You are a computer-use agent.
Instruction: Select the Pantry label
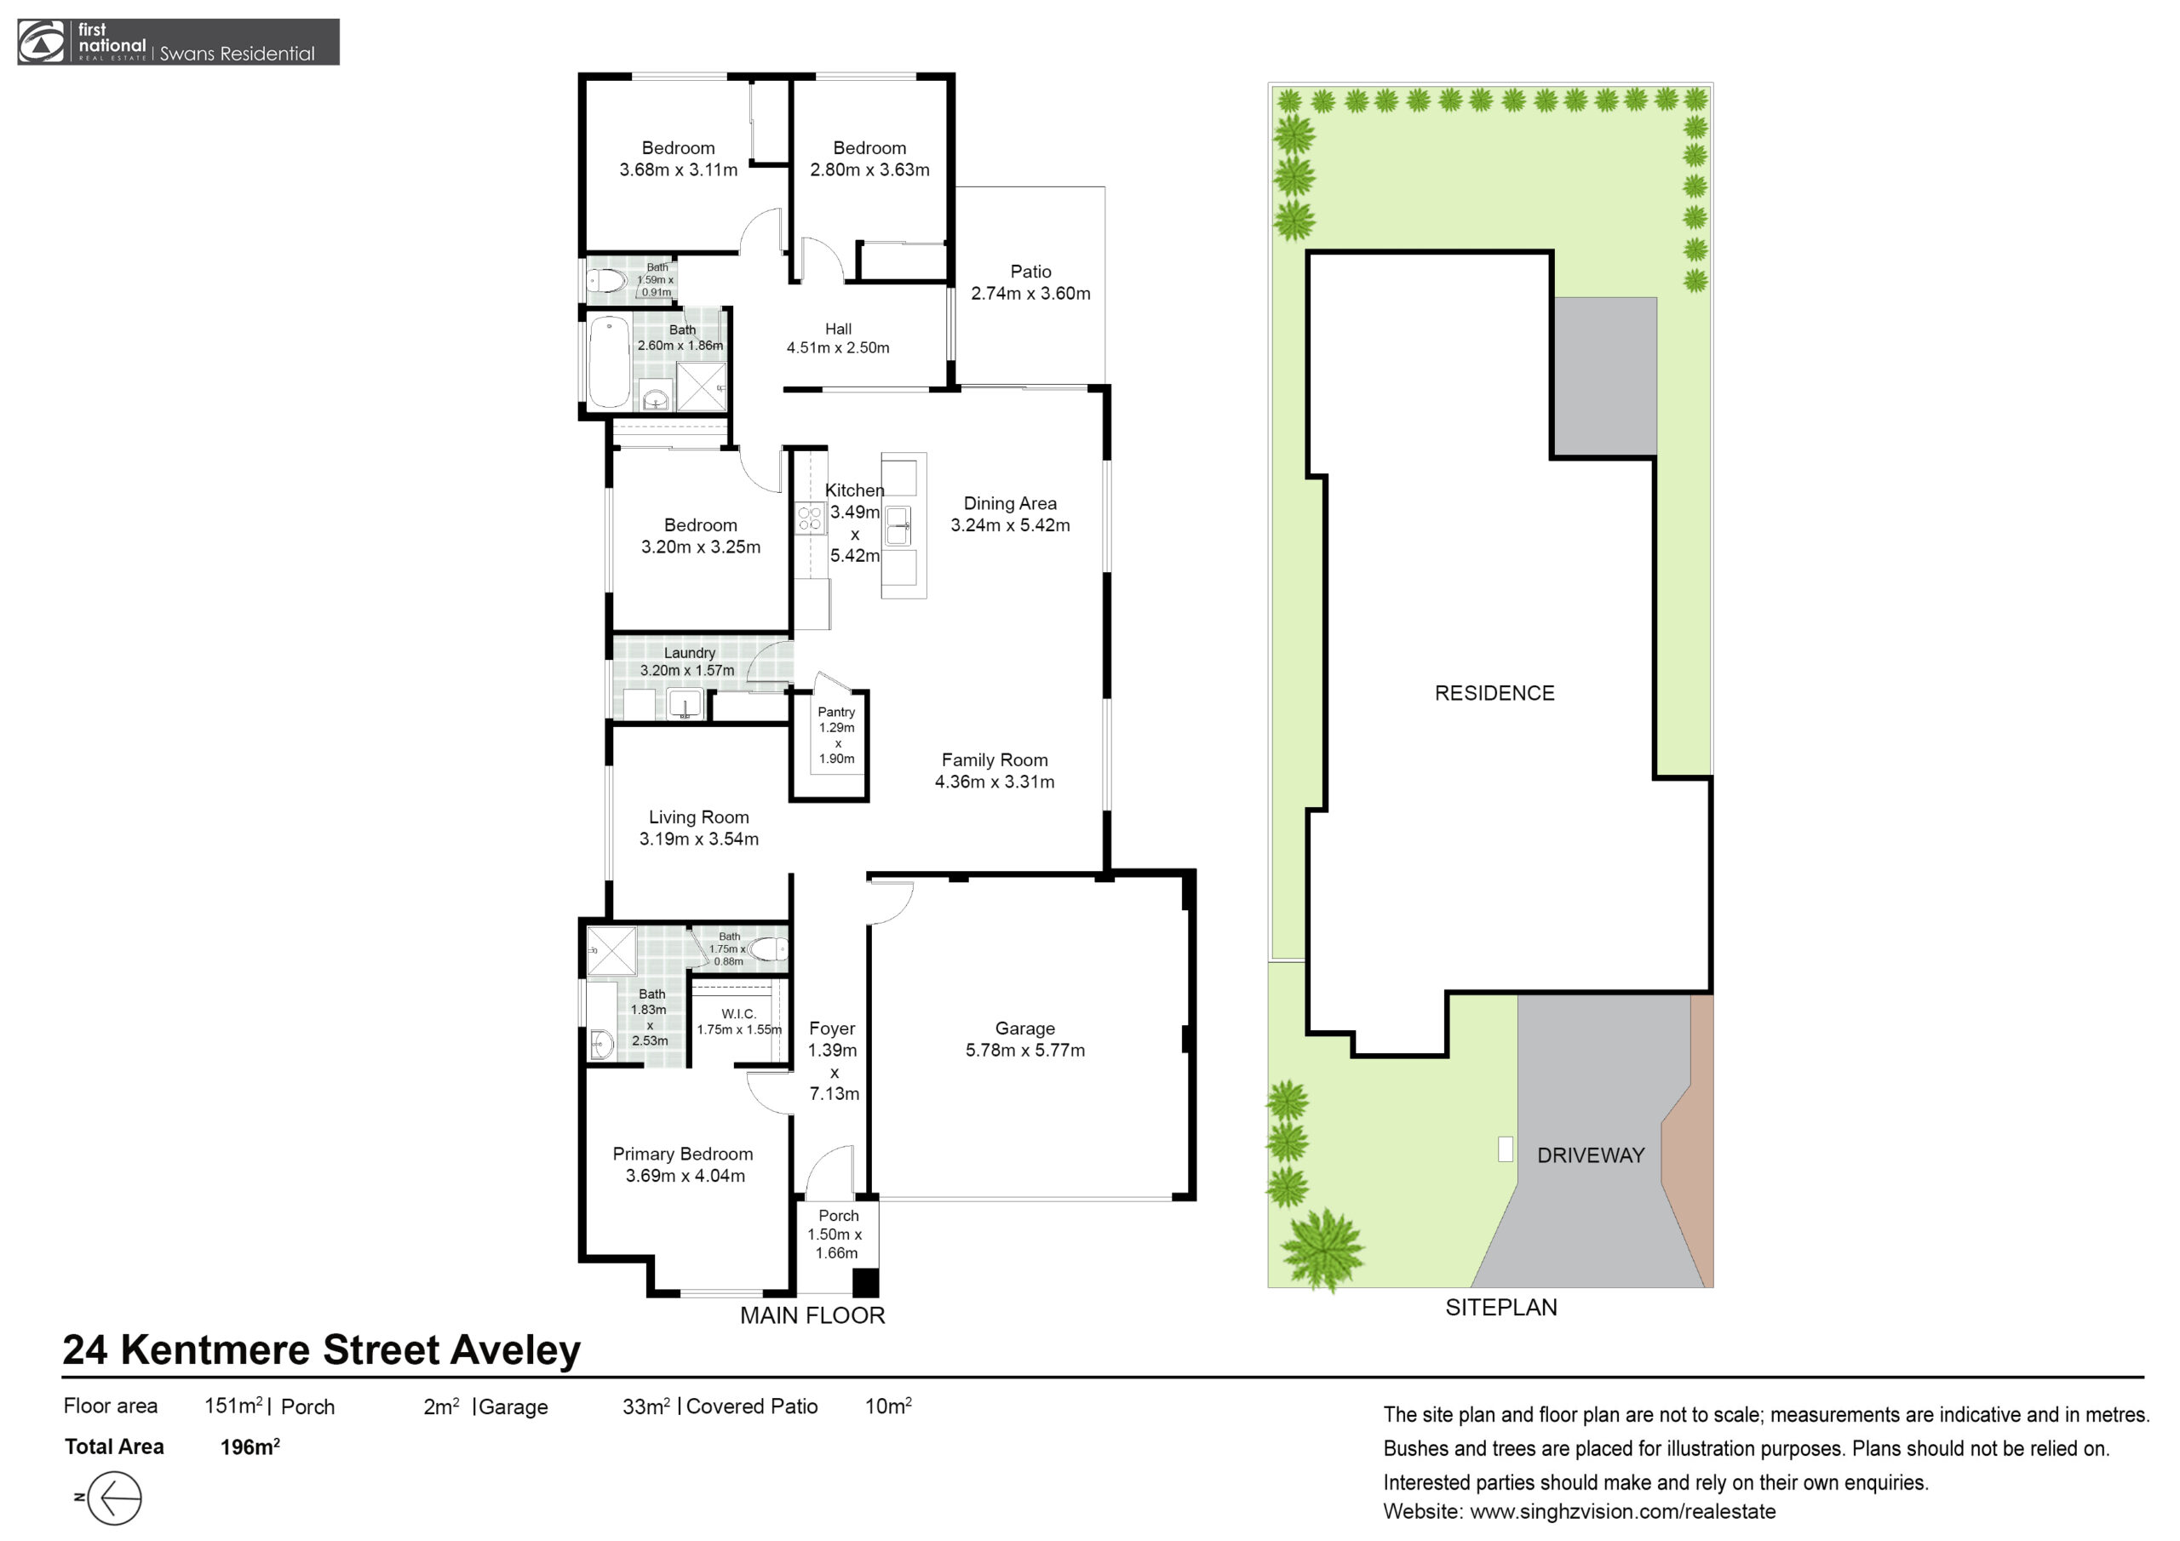(x=836, y=712)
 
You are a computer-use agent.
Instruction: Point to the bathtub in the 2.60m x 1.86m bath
(x=609, y=363)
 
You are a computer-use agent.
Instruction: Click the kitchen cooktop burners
(x=810, y=518)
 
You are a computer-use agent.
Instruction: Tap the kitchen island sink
(x=898, y=525)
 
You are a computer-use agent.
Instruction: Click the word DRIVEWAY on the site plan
(x=1591, y=1155)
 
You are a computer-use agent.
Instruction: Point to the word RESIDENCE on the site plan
(x=1494, y=693)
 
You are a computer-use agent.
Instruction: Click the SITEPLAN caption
(x=1501, y=1308)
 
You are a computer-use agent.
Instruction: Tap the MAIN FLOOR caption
(x=812, y=1315)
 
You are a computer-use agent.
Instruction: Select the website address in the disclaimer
(x=1623, y=1511)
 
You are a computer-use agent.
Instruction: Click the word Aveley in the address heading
(x=514, y=1350)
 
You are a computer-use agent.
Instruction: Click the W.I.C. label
(x=738, y=1014)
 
